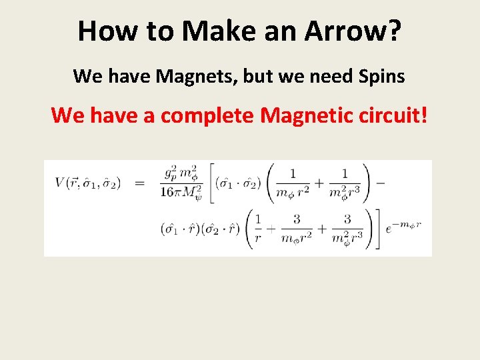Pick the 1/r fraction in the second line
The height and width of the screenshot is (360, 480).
[259, 229]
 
